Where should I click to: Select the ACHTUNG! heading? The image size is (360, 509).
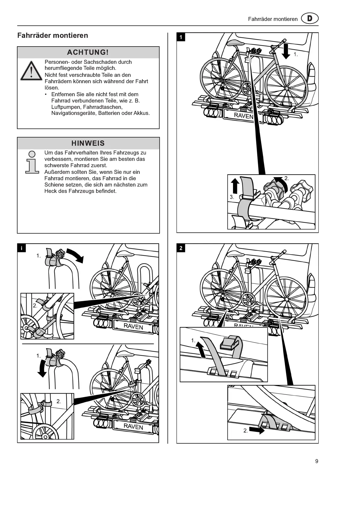click(88, 52)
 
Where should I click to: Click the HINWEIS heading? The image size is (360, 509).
click(88, 143)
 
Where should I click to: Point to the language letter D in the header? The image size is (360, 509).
click(310, 19)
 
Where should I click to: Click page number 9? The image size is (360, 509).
click(316, 461)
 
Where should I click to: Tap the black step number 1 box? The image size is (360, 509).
click(181, 37)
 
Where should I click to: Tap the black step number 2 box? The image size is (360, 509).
click(181, 248)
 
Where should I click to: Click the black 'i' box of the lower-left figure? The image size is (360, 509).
click(21, 248)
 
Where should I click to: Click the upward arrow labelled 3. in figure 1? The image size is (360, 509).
click(235, 185)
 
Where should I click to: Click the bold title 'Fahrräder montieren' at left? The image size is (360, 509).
click(53, 35)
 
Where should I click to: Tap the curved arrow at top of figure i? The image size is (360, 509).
click(75, 255)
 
